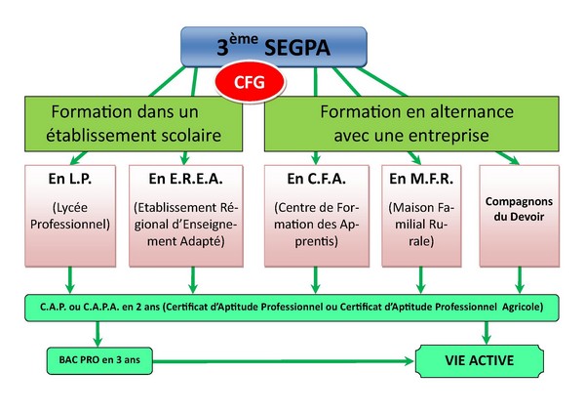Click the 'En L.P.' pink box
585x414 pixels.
[x=71, y=215]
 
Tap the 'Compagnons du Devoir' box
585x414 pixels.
[x=519, y=215]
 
